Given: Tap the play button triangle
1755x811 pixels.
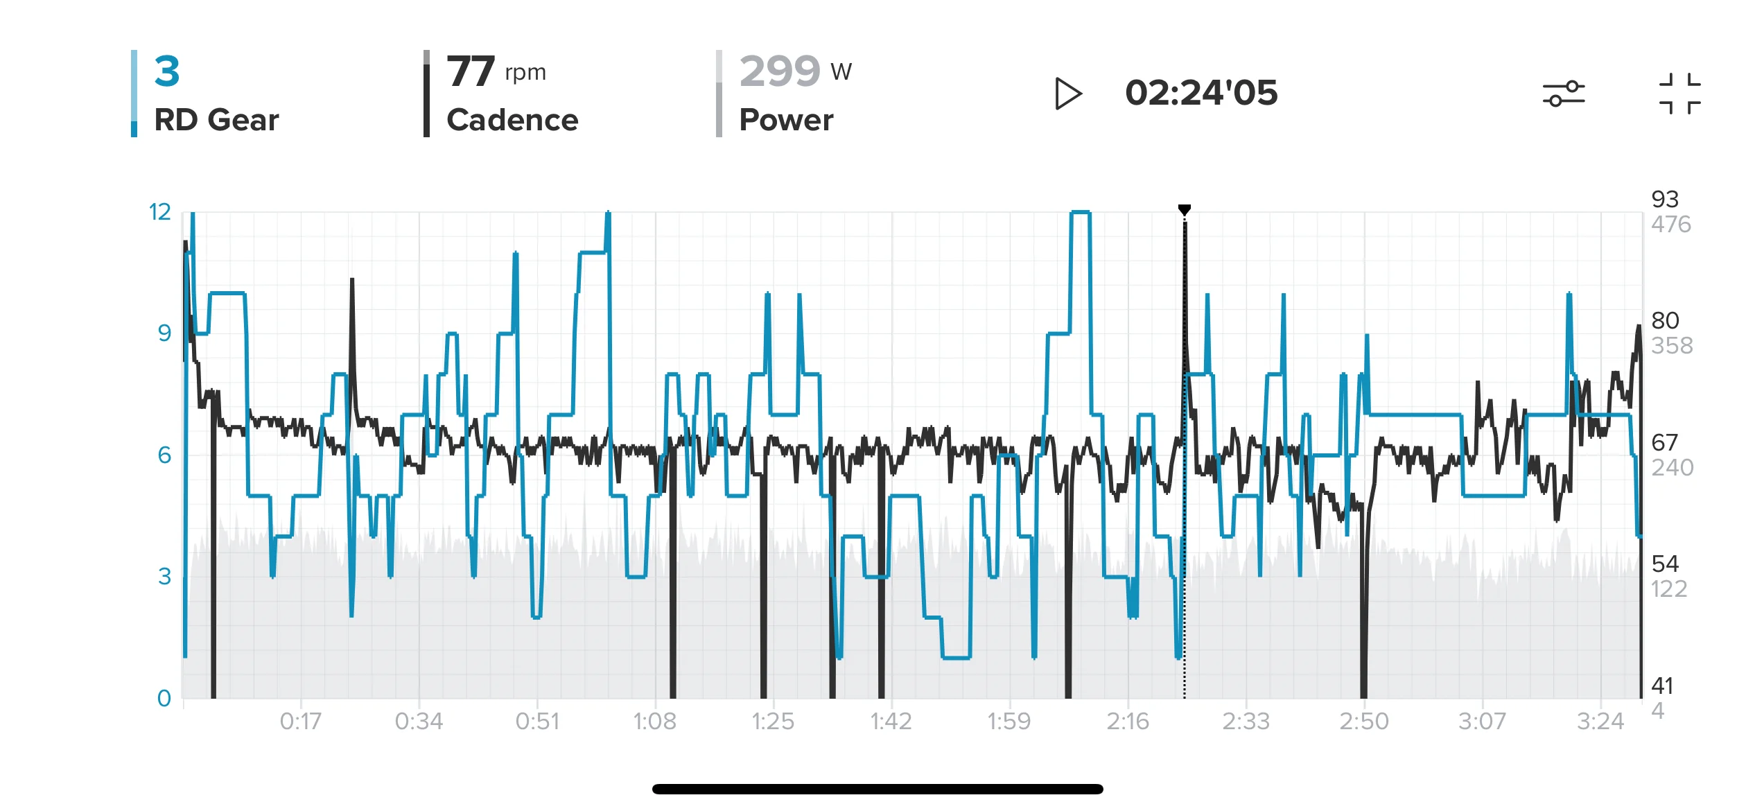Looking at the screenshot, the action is [x=1067, y=94].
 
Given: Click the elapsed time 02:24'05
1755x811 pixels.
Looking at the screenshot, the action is [x=1201, y=93].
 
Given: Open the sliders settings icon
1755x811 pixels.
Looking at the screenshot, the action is [x=1564, y=94].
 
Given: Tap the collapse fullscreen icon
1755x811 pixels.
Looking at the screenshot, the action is [x=1680, y=94].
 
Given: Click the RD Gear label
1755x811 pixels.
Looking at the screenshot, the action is [x=216, y=120].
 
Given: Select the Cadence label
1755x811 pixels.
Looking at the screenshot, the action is [x=512, y=120].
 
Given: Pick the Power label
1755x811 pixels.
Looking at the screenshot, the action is [x=786, y=120].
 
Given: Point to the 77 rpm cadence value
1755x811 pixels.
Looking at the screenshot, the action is [x=496, y=71].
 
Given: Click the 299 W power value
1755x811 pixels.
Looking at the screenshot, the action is [x=796, y=71].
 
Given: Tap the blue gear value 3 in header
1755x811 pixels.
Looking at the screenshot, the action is [x=167, y=71].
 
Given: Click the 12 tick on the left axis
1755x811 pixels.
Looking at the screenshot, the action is [x=160, y=212].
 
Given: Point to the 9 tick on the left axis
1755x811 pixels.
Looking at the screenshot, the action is [x=164, y=333].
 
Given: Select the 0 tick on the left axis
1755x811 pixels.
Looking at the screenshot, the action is [x=164, y=698].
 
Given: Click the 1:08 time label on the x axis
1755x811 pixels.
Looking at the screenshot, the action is [x=655, y=722].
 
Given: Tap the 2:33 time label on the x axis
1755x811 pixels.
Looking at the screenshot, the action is [x=1246, y=722].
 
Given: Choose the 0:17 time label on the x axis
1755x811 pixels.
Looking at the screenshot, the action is [x=301, y=722].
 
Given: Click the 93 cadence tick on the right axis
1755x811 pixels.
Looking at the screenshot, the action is [x=1665, y=200].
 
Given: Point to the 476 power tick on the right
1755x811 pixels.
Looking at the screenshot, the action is [x=1671, y=225].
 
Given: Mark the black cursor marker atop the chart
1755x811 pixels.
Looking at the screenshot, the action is [x=1185, y=209].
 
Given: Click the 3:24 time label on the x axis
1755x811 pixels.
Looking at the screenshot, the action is [x=1600, y=722].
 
